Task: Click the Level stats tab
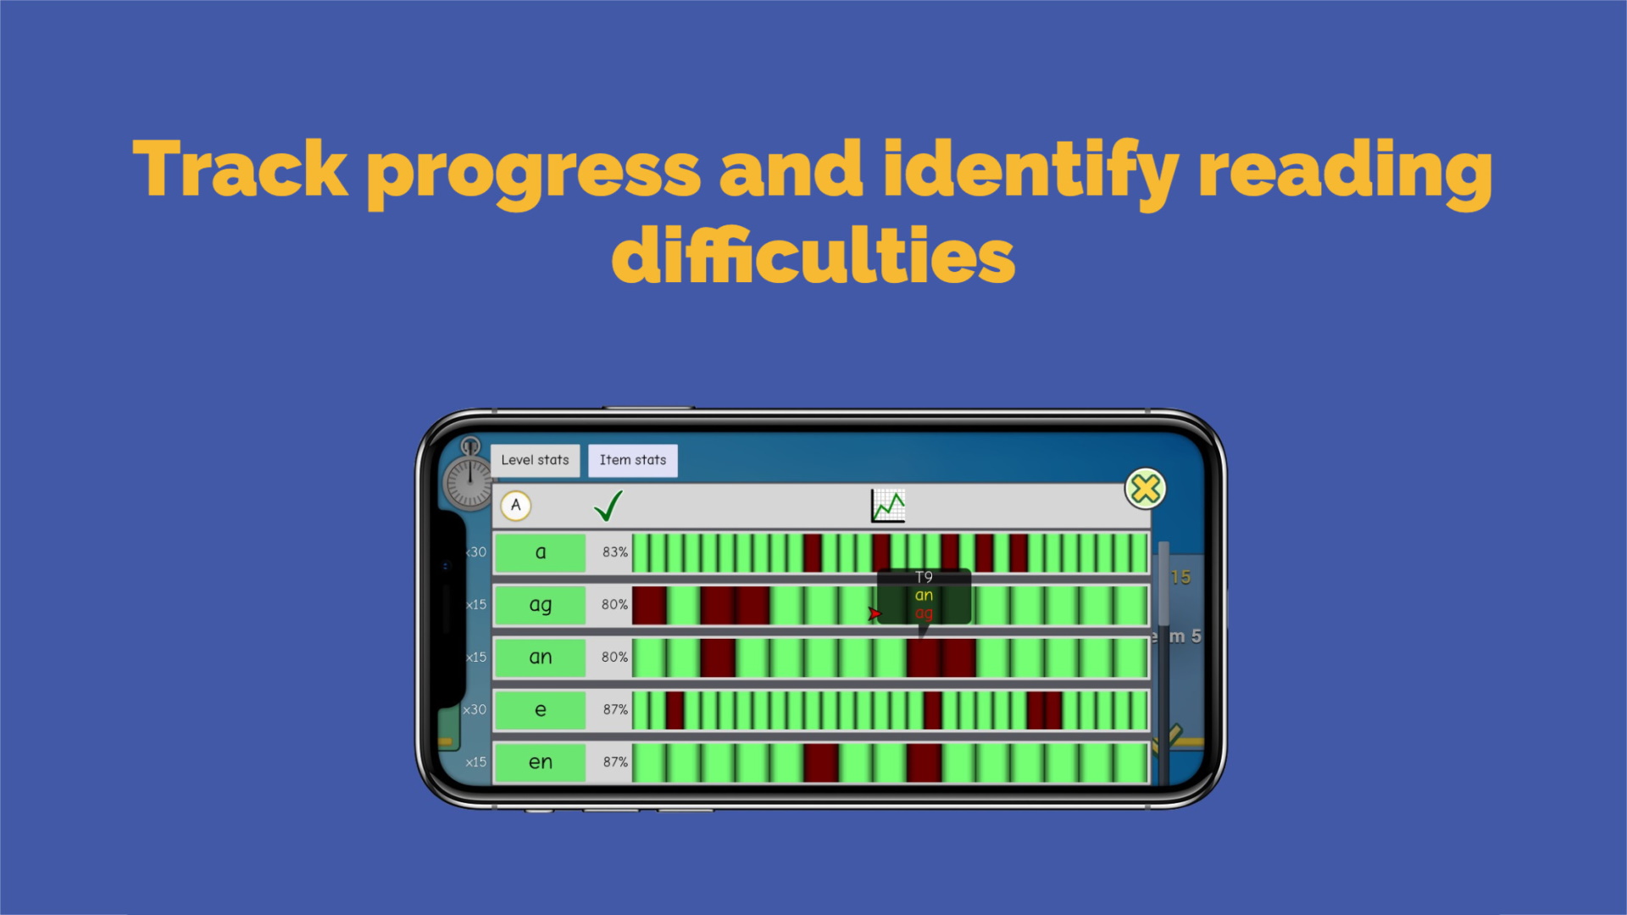[535, 460]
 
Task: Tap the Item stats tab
[632, 460]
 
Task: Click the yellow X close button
[1145, 489]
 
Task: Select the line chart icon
[888, 506]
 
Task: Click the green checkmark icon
[608, 506]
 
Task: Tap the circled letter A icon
[515, 506]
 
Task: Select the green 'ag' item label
[540, 605]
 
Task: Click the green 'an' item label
[540, 657]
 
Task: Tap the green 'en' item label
[540, 762]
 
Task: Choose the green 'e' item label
[540, 710]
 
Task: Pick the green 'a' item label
[540, 552]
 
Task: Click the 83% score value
[615, 552]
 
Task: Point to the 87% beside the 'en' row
[615, 762]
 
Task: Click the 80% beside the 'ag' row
[614, 605]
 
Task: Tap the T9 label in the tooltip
[924, 577]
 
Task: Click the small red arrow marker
[875, 613]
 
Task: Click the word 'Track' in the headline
[241, 169]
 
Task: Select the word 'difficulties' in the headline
[813, 257]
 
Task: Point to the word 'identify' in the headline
[1030, 169]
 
